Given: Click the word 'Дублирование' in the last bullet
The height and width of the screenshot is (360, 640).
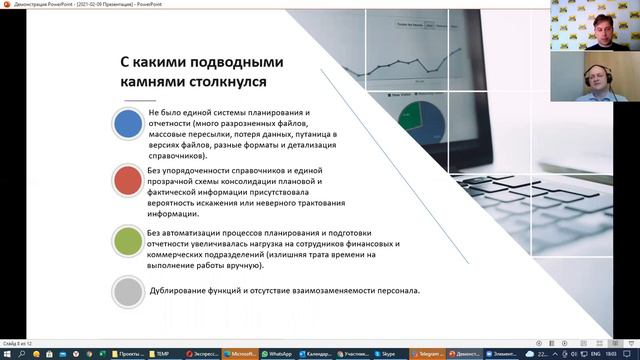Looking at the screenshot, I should pyautogui.click(x=181, y=291).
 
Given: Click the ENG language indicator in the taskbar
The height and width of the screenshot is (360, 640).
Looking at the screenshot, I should pyautogui.click(x=596, y=353).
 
